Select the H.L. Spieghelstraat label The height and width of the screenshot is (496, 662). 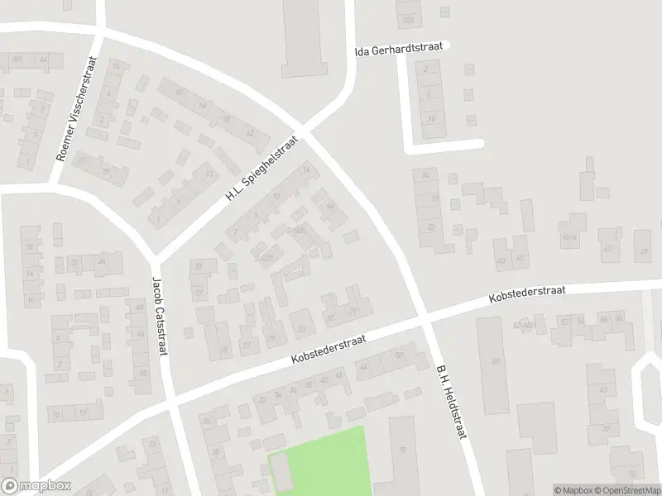261,169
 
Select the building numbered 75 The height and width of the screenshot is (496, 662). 402,451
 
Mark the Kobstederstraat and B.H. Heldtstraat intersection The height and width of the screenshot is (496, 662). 424,317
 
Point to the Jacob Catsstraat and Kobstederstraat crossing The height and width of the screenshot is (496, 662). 173,403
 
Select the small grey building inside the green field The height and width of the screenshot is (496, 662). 281,471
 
